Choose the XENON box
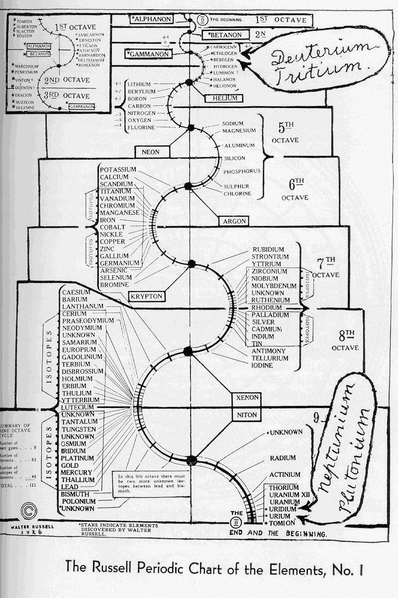(x=247, y=398)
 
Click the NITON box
(x=247, y=414)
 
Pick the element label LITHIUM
(x=141, y=85)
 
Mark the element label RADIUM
(x=283, y=458)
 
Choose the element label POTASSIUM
(x=118, y=170)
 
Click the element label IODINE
(x=262, y=365)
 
